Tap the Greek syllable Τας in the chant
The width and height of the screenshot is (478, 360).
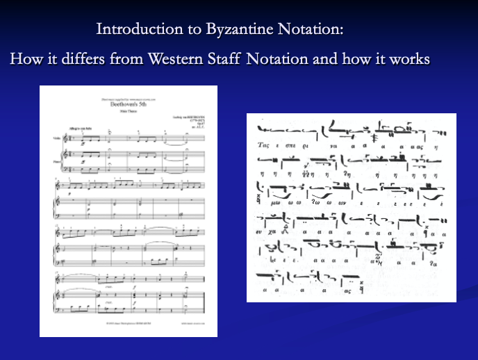tap(263, 147)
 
